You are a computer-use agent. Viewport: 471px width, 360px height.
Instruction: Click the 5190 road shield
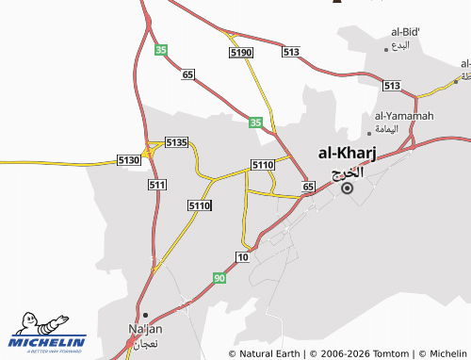[240, 54]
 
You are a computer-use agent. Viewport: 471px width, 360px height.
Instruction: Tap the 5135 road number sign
[176, 142]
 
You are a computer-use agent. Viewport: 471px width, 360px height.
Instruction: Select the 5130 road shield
[129, 161]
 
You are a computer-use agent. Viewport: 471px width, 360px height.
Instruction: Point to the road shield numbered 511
[157, 185]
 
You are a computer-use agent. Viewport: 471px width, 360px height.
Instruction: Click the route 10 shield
[243, 257]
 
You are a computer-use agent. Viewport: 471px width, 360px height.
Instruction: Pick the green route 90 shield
[219, 278]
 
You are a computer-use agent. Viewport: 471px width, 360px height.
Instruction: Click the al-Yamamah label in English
[400, 116]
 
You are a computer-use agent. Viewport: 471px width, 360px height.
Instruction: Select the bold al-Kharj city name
[348, 153]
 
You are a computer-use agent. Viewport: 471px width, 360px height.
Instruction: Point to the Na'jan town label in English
[145, 329]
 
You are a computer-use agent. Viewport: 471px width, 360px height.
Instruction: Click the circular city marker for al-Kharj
[348, 188]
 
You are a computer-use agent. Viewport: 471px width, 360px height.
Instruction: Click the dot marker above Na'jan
[145, 315]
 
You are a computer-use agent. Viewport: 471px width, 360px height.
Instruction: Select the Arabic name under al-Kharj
[348, 172]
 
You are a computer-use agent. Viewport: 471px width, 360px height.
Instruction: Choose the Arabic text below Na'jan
[145, 343]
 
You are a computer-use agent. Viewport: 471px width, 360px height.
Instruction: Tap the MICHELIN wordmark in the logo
[47, 340]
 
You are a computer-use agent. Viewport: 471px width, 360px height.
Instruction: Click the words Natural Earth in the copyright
[268, 353]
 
